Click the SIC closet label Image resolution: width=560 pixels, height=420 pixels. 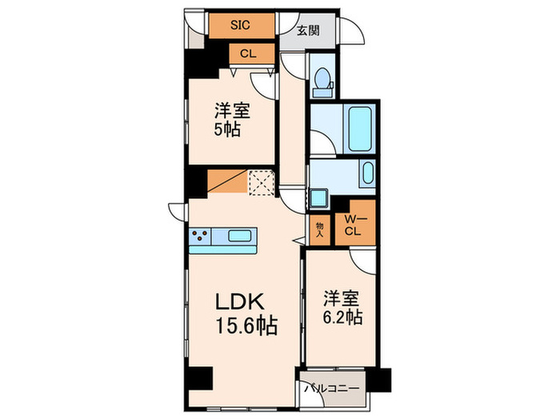[240, 25]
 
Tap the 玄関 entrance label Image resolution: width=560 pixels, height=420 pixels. [308, 31]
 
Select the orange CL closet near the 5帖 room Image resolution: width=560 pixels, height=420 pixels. [247, 54]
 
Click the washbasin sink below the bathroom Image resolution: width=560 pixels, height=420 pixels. [367, 174]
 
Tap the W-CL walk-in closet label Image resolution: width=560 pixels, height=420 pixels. [352, 226]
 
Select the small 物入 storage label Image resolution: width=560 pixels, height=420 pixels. [319, 230]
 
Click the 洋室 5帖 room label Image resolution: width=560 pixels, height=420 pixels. [228, 120]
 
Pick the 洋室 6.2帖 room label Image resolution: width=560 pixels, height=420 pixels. [342, 307]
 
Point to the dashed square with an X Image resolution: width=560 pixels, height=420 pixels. [261, 182]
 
